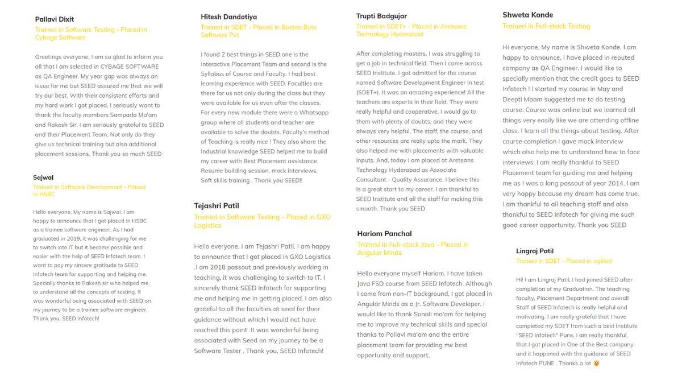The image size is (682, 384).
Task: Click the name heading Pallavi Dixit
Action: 55,19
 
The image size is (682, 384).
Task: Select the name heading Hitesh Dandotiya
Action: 228,17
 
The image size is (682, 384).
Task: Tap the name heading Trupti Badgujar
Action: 381,16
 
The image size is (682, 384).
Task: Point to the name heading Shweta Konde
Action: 527,15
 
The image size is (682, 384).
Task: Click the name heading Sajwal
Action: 43,177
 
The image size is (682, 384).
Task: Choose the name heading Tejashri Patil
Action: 217,206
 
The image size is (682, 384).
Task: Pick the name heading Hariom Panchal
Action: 384,234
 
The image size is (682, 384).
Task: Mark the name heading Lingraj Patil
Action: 534,251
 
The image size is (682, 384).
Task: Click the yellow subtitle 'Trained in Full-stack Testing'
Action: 546,26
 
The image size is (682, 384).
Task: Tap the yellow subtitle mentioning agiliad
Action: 564,261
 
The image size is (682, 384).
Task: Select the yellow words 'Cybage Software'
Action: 60,38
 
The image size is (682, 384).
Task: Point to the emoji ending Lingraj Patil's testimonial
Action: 596,363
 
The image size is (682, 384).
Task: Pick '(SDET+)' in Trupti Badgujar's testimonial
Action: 369,93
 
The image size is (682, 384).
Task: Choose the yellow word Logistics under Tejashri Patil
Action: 208,225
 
